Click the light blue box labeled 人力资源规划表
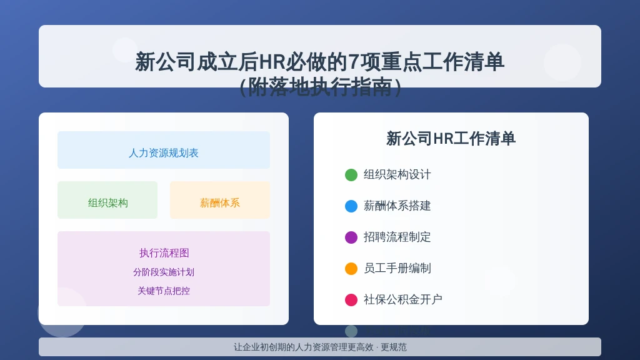coord(164,150)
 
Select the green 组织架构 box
coord(107,200)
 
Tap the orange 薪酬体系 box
coord(219,200)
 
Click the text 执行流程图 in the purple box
coord(164,253)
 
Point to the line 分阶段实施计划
coord(164,272)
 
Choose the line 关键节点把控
coord(164,291)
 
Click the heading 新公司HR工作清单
coord(451,139)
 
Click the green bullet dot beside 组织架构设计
coord(351,175)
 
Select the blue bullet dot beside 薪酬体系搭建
coord(351,206)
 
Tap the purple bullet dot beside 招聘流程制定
coord(351,237)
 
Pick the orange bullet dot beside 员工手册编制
coord(351,269)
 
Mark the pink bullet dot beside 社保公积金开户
coord(351,299)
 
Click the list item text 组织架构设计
coord(397,175)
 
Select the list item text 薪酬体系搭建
coord(397,206)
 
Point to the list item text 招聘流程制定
coord(397,237)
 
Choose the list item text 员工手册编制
coord(397,268)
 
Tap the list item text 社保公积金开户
coord(403,299)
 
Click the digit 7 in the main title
coord(354,62)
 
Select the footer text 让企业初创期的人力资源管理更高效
coord(303,347)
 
